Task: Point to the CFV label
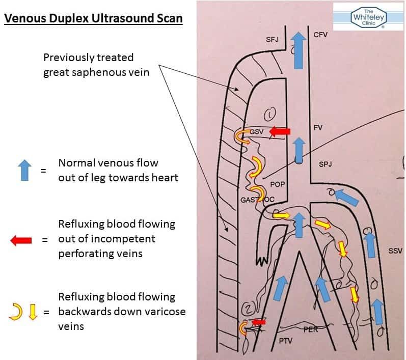320,35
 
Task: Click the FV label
318,128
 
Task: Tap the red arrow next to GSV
279,132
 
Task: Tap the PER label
311,329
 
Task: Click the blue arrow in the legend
24,170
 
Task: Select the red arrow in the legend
21,240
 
